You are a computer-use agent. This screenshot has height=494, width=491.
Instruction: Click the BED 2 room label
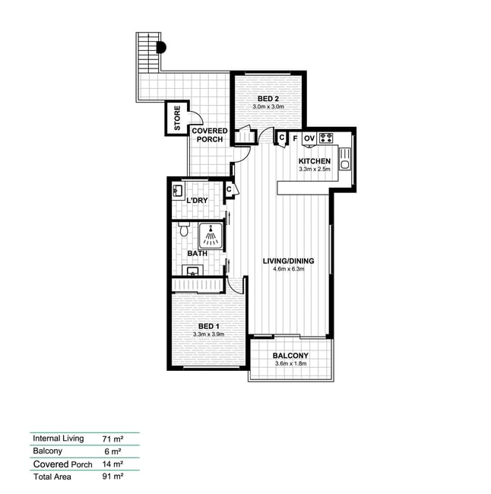[268, 99]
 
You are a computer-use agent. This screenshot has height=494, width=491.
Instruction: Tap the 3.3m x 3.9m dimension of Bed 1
[208, 334]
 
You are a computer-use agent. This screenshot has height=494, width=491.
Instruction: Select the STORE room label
[177, 118]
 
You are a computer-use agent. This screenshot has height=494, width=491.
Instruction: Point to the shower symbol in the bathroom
[211, 236]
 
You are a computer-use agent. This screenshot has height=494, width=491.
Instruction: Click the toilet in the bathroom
[183, 229]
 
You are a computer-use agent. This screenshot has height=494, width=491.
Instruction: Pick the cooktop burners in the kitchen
[326, 138]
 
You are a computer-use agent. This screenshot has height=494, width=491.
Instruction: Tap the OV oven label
[309, 138]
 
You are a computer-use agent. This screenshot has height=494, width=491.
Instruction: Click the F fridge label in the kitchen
[295, 138]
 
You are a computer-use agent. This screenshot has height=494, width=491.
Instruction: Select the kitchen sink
[345, 159]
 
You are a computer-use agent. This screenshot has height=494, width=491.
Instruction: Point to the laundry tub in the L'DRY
[177, 191]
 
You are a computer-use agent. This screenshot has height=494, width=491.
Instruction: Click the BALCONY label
[290, 356]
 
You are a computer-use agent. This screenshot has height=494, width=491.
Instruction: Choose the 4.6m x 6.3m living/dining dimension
[288, 269]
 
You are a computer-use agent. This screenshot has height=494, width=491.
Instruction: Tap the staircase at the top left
[147, 52]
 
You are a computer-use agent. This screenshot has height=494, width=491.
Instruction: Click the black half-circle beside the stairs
[162, 48]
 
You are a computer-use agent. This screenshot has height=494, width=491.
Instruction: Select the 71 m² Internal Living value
[112, 439]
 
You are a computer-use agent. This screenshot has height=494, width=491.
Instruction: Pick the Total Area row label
[52, 477]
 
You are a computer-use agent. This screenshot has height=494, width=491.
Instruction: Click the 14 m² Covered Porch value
[112, 464]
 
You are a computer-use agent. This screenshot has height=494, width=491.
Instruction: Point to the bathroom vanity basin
[192, 271]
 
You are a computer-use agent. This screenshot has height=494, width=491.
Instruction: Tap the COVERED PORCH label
[210, 135]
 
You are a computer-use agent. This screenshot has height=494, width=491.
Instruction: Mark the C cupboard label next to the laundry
[229, 190]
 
